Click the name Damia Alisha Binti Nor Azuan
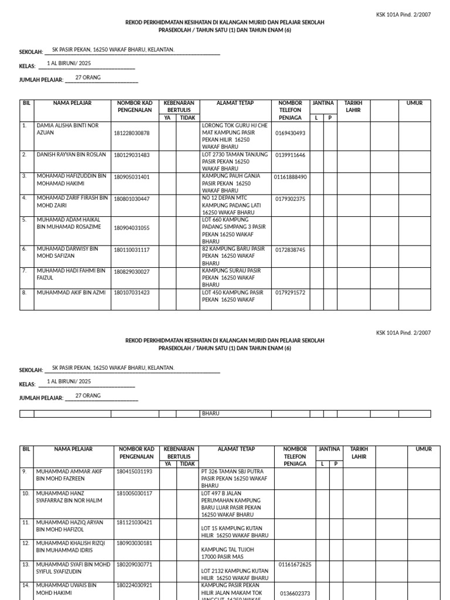coord(67,129)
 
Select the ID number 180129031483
coord(131,155)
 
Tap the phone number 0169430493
coord(290,133)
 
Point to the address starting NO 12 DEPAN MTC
coord(234,206)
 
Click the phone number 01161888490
coord(290,177)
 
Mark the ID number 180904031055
coord(131,228)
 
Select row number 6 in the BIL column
coord(25,249)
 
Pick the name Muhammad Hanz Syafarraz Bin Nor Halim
coord(69,497)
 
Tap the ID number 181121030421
coord(134,522)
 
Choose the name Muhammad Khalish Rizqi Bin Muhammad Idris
coord(71,546)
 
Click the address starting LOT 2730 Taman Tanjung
coord(234,161)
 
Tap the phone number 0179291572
coord(290,292)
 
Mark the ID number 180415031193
coord(134,471)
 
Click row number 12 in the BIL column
coord(25,543)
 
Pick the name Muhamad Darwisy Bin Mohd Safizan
coord(67,252)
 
